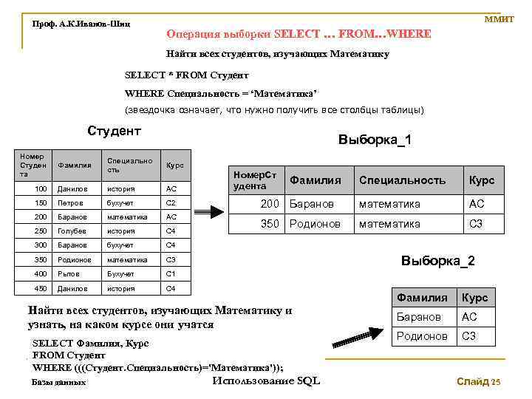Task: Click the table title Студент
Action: (x=114, y=132)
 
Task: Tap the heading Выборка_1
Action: (x=375, y=140)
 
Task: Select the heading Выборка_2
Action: (x=437, y=261)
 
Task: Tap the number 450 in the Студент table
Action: (x=41, y=288)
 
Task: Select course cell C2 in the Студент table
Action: (x=171, y=202)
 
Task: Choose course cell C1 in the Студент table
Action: (x=171, y=274)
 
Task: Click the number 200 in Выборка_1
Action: (x=271, y=204)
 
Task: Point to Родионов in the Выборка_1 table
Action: (x=314, y=224)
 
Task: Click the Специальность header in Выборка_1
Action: (x=402, y=180)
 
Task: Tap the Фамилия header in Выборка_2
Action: (x=422, y=298)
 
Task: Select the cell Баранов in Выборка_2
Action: (x=419, y=317)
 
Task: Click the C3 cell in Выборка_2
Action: (x=469, y=336)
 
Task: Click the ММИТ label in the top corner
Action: (x=499, y=18)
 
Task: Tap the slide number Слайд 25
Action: (x=478, y=382)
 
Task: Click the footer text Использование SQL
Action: (x=266, y=381)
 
